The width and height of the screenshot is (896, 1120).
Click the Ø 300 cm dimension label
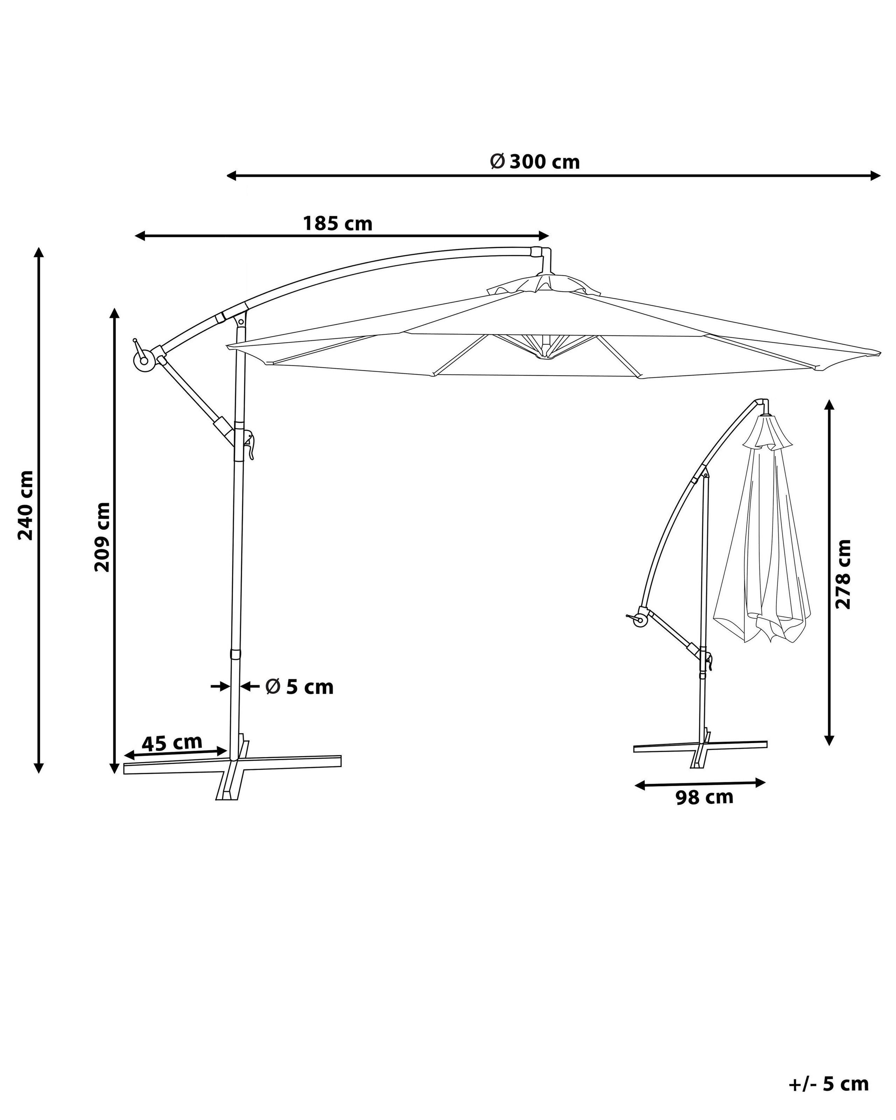[535, 162]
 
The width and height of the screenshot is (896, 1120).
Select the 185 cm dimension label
[338, 224]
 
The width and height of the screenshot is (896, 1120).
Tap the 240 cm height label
[26, 505]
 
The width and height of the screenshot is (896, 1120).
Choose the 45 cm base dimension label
[172, 742]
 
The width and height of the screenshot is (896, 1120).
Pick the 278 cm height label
[842, 574]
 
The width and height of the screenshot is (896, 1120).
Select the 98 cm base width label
[704, 797]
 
